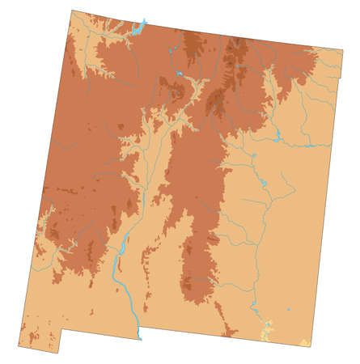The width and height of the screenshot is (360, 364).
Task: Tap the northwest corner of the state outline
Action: coord(72,11)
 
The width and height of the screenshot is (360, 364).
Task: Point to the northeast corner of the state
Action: coord(342,50)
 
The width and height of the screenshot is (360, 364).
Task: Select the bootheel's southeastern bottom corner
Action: coord(57,353)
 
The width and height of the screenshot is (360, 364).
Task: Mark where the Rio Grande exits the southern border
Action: coord(139,335)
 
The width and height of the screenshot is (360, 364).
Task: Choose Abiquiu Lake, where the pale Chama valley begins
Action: coord(178,74)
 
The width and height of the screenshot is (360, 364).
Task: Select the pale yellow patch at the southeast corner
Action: coord(304,343)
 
